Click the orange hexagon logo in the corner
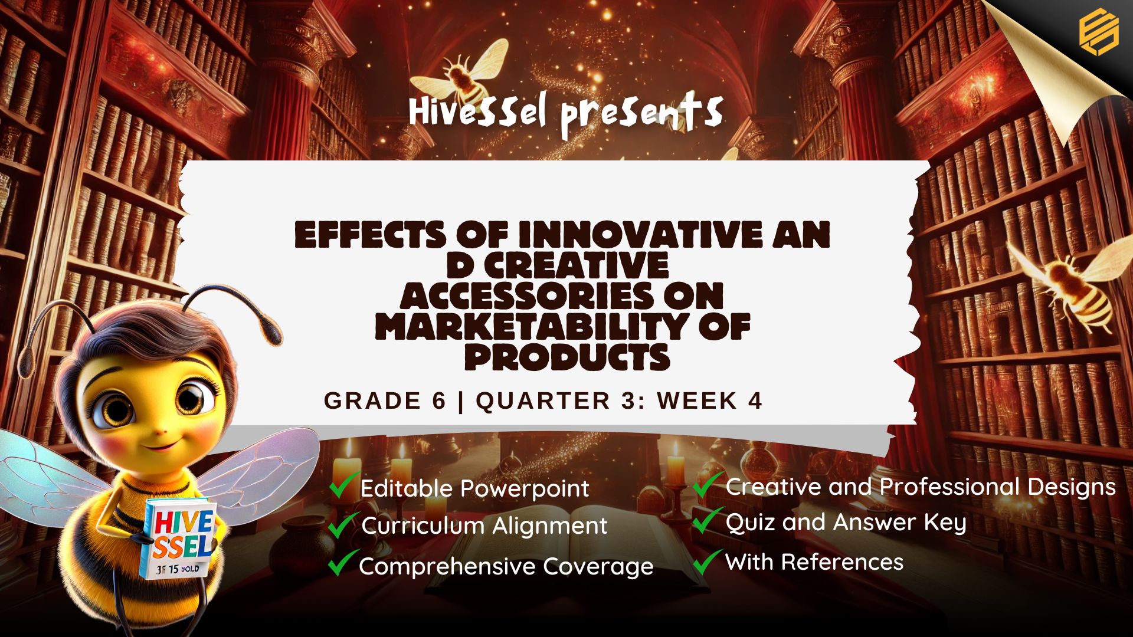coord(1099,32)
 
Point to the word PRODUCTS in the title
coord(567,357)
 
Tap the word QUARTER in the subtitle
coord(543,400)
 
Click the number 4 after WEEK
coord(755,400)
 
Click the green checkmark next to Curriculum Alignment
coord(343,525)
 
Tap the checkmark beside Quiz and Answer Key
coord(708,520)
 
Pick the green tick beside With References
coord(708,562)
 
